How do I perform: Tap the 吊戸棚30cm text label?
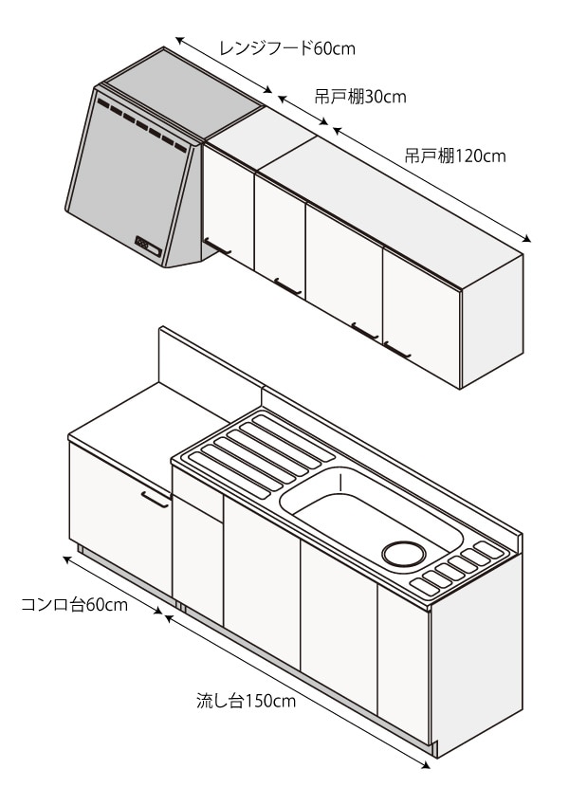pos(360,97)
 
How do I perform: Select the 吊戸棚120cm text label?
pos(455,156)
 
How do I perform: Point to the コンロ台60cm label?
pos(74,605)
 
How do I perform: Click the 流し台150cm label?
pos(246,702)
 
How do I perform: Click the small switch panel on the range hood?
pos(148,245)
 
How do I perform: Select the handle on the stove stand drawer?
pos(155,499)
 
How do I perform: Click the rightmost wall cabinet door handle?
pos(397,352)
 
